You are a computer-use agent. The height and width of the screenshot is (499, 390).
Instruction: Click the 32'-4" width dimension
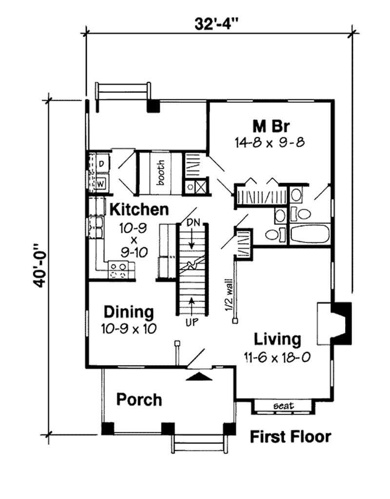click(x=219, y=22)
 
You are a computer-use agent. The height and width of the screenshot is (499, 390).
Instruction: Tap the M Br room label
click(x=272, y=126)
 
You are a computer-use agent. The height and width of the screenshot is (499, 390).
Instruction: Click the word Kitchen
click(x=139, y=210)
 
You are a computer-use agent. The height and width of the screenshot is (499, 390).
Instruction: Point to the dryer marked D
click(x=101, y=164)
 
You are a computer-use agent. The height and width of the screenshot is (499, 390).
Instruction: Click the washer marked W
click(x=101, y=184)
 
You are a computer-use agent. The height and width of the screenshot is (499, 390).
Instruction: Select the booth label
click(x=161, y=173)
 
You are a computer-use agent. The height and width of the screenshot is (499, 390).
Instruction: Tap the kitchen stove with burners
click(x=121, y=270)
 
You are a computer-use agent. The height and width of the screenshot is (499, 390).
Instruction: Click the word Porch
click(x=139, y=400)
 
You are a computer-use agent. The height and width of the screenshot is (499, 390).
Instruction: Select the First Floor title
click(x=291, y=437)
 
